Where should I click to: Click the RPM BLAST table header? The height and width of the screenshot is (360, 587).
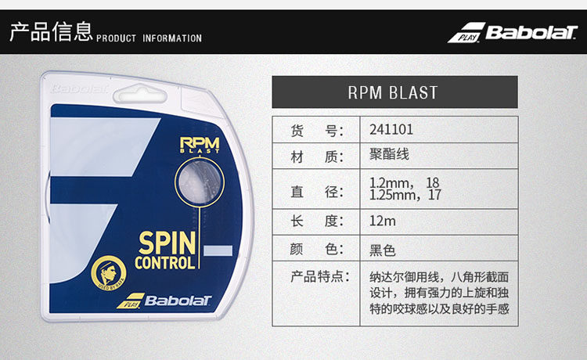click(x=394, y=92)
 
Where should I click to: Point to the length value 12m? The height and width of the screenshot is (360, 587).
click(x=383, y=221)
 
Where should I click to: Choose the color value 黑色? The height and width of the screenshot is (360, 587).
click(x=383, y=250)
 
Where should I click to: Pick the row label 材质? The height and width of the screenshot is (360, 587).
click(x=317, y=157)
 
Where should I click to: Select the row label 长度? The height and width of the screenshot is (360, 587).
click(x=317, y=221)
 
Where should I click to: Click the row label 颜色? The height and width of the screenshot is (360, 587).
click(x=317, y=250)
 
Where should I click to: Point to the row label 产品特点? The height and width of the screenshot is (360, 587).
click(x=317, y=276)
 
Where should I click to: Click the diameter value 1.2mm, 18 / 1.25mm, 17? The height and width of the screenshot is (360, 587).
click(x=405, y=189)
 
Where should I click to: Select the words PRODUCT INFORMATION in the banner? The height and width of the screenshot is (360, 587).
click(x=149, y=38)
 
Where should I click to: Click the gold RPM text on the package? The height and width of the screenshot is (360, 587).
click(x=199, y=143)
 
